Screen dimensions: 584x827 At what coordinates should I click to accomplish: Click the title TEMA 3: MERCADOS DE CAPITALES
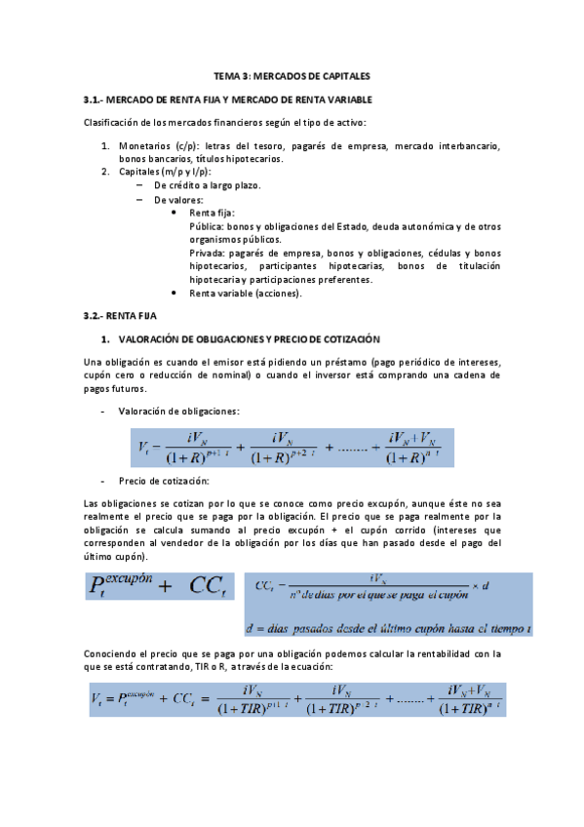292,75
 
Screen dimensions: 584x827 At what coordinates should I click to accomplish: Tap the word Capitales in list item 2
140,172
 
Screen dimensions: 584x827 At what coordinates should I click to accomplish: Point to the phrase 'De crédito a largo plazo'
207,185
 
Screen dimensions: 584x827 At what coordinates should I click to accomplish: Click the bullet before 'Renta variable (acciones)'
174,293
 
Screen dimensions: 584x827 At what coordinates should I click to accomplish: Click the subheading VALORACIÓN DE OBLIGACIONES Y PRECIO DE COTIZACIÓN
248,339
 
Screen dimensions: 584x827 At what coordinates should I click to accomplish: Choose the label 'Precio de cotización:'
163,481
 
